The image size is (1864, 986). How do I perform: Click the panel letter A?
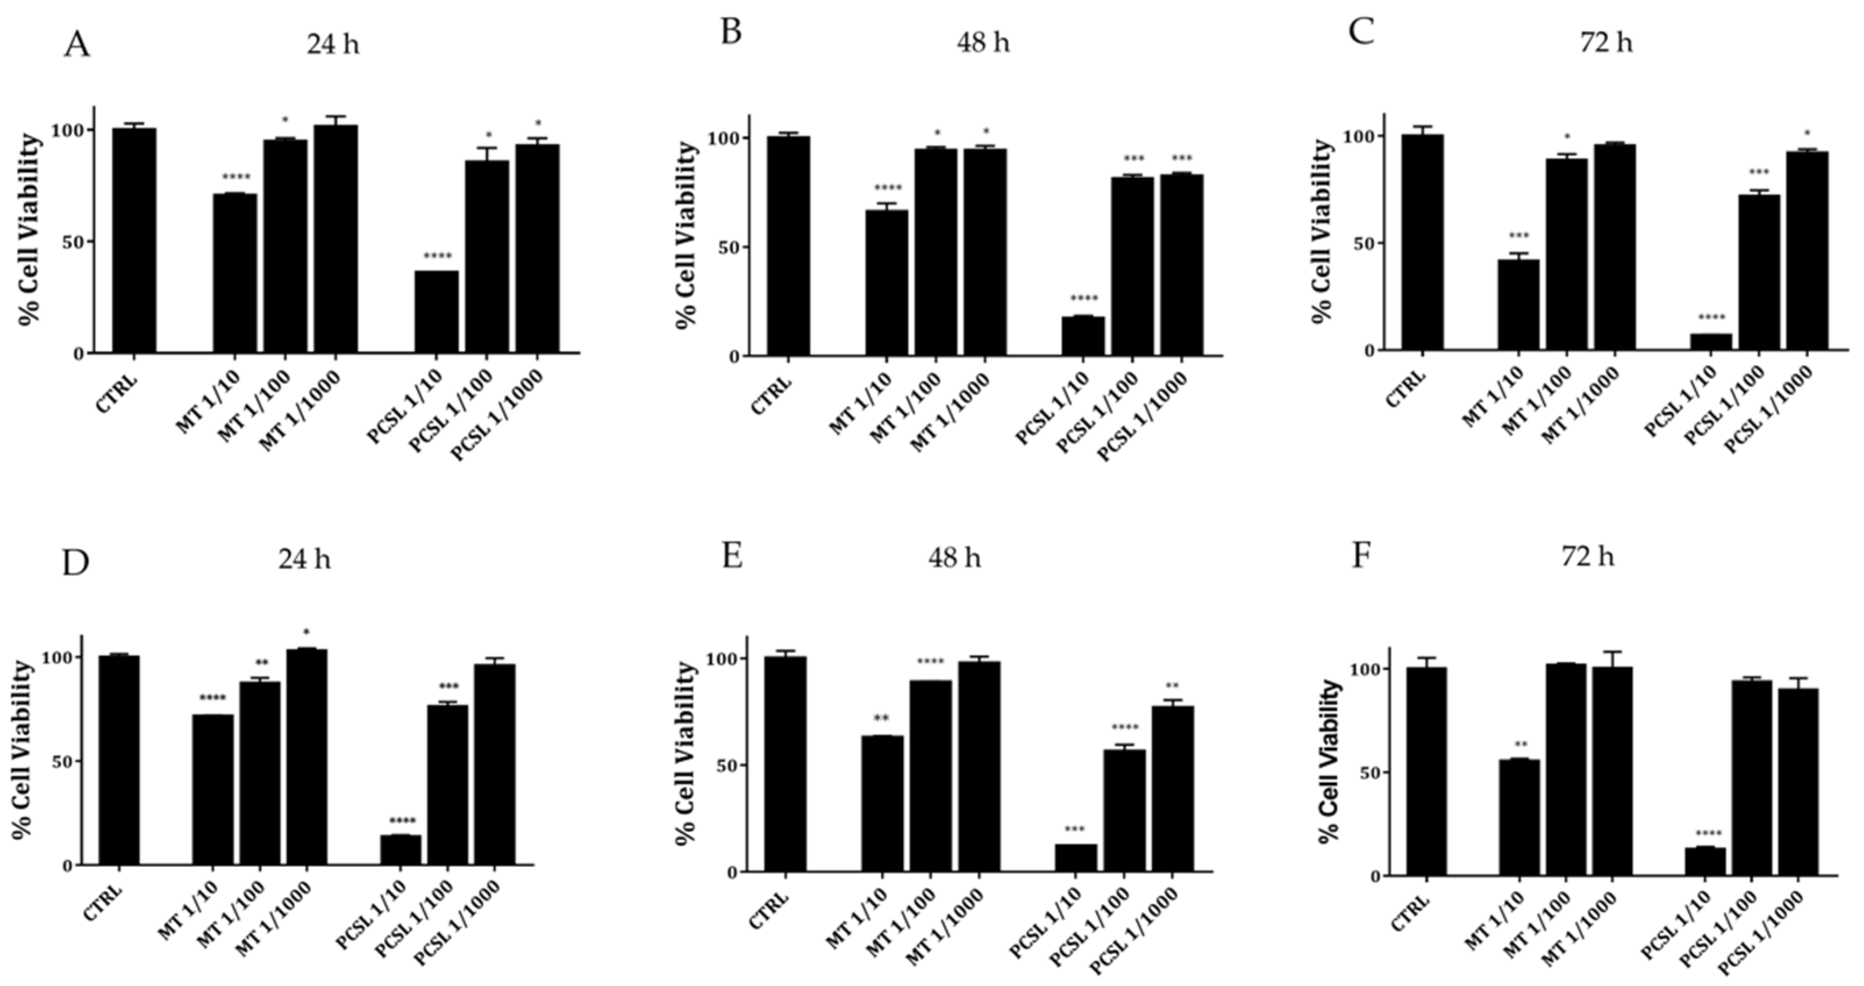point(77,45)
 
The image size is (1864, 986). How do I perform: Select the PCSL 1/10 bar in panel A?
point(436,311)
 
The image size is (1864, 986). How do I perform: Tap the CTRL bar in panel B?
point(789,246)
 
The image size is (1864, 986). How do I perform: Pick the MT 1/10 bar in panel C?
point(1518,305)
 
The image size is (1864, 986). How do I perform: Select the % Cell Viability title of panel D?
point(24,760)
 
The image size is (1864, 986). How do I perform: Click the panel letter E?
point(733,558)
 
